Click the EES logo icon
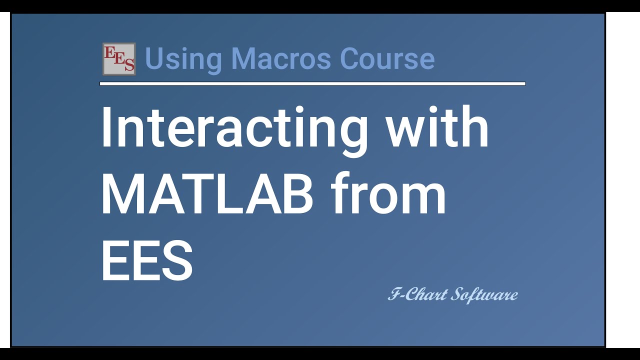point(119,59)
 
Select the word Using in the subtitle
point(183,59)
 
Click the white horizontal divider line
point(312,83)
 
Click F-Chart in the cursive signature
point(417,294)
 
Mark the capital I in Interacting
point(105,127)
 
